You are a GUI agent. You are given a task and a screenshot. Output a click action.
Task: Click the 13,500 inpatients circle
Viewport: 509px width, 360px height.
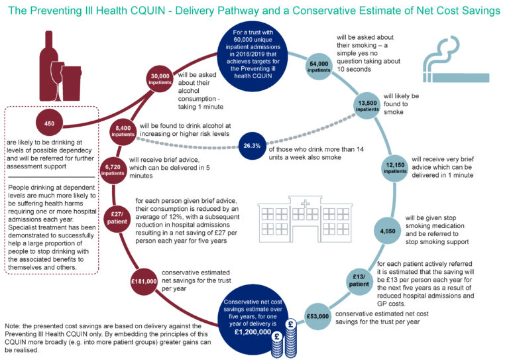[x=368, y=107]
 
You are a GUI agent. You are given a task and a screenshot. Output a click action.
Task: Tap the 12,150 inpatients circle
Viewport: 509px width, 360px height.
[x=394, y=168]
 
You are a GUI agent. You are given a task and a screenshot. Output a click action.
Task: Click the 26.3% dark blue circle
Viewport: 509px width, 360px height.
[x=251, y=146]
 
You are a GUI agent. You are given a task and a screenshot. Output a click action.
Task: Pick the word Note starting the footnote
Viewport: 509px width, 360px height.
[x=14, y=326]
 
